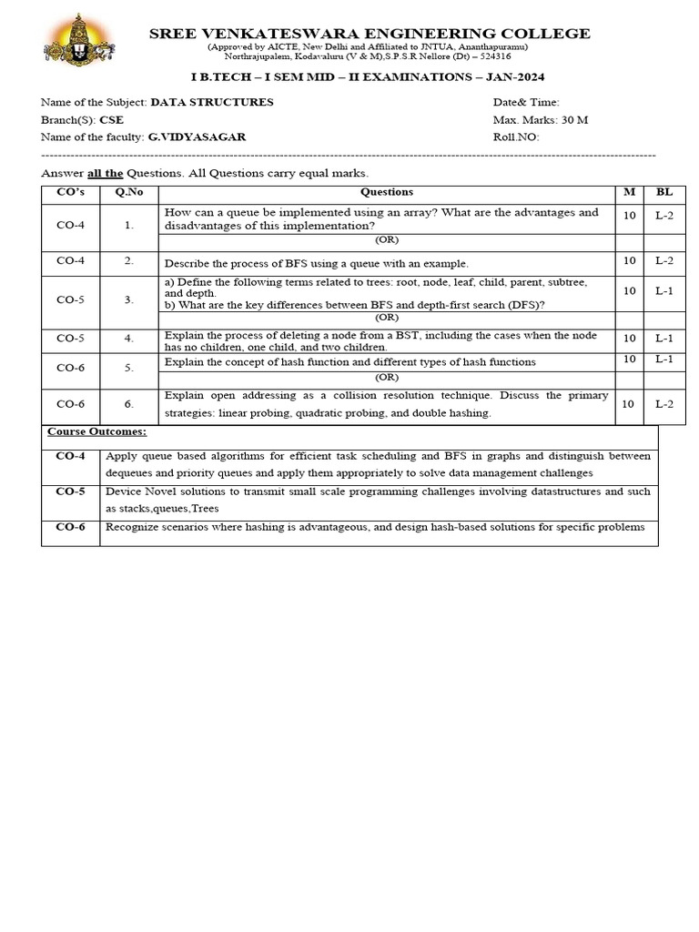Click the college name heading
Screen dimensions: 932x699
[369, 34]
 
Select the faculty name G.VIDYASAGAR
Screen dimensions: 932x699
[197, 137]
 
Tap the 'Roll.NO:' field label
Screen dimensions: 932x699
[516, 137]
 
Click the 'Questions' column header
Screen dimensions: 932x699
[386, 192]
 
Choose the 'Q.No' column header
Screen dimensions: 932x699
[129, 192]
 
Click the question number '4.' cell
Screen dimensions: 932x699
[129, 338]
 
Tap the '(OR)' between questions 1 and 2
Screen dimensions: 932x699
[387, 240]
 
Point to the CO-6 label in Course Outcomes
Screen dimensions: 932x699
[70, 527]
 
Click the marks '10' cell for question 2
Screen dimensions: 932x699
[628, 260]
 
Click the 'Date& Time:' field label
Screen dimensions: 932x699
[526, 102]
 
